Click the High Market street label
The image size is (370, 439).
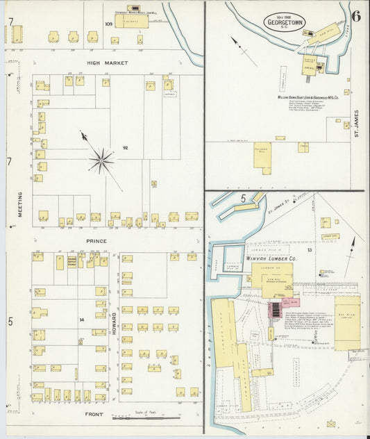click(103, 63)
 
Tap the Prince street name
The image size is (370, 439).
click(96, 240)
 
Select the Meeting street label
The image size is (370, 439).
click(19, 204)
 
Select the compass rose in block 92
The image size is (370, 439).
click(101, 161)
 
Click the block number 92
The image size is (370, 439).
click(126, 149)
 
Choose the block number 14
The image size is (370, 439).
click(81, 320)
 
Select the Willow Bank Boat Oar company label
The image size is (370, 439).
click(304, 98)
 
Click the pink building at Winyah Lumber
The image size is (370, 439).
click(278, 308)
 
